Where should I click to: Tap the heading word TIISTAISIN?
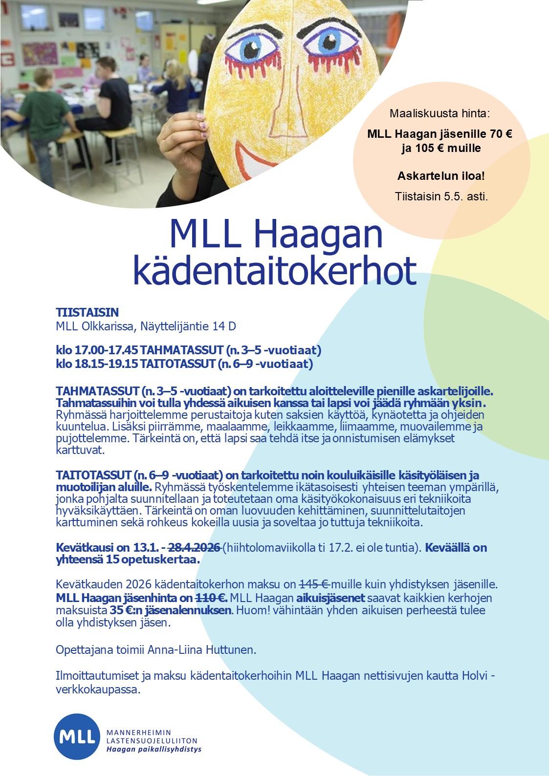coord(88,313)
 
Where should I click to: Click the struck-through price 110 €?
coord(211,598)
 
